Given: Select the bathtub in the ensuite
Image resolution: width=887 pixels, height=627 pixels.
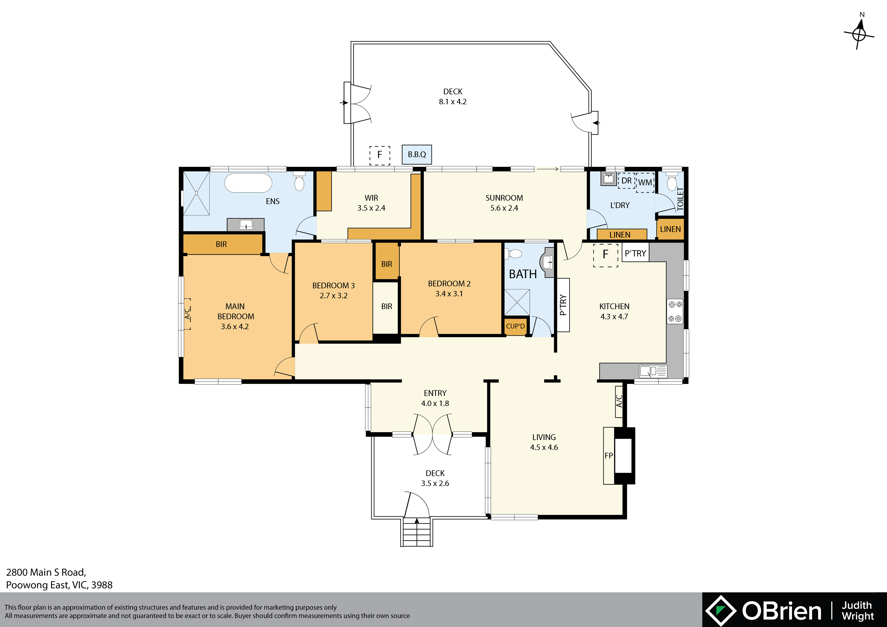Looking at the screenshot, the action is (x=248, y=183).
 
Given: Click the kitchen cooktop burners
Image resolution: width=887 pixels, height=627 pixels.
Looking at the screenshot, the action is (x=675, y=311).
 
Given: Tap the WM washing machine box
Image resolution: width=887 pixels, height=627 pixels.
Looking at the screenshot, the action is (x=645, y=182).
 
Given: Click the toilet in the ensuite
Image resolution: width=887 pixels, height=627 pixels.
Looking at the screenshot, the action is (x=299, y=182).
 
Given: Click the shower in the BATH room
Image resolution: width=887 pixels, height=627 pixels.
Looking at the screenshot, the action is (x=517, y=302).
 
